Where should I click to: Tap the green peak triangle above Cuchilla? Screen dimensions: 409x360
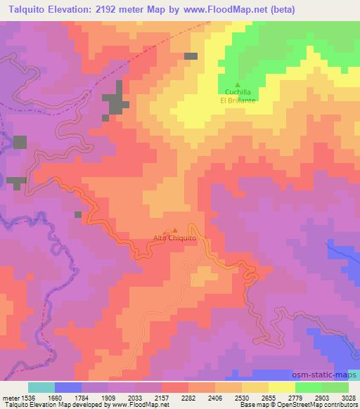coord(237,85)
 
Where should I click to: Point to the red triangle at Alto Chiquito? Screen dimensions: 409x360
coord(175,230)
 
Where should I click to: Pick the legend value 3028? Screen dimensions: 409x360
coord(348,396)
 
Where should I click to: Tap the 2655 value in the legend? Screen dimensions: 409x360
coord(268,396)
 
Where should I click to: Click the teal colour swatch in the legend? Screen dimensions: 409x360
coord(41,387)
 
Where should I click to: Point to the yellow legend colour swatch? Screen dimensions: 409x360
coord(281,387)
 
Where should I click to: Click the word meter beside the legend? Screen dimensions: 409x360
coord(9,396)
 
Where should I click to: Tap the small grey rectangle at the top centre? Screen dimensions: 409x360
coord(191,56)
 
